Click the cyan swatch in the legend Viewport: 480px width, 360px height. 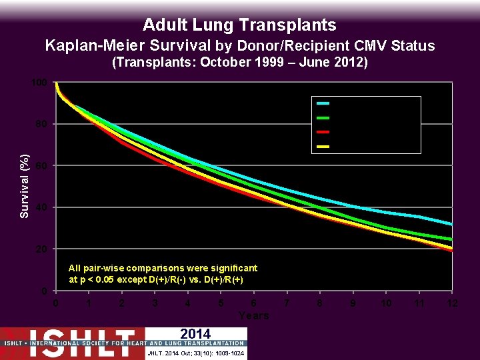[323, 103]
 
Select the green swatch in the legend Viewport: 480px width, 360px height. [323, 117]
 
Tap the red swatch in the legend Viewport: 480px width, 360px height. [323, 132]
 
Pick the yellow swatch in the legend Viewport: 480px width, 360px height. [323, 146]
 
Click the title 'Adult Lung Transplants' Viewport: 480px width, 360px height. [239, 25]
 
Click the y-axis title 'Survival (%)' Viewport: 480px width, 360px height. [24, 185]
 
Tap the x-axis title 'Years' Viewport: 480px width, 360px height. [253, 315]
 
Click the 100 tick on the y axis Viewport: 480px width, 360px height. [41, 83]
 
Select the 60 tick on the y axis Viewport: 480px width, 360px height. [43, 166]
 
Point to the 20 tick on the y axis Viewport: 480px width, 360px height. [43, 249]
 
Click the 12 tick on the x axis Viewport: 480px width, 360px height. [453, 304]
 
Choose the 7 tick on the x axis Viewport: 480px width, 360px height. [287, 304]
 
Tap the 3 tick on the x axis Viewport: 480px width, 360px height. [155, 304]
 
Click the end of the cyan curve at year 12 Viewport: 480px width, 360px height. [452, 224]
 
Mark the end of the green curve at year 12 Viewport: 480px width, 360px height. [452, 239]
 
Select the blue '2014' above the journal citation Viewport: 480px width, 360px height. [195, 334]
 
